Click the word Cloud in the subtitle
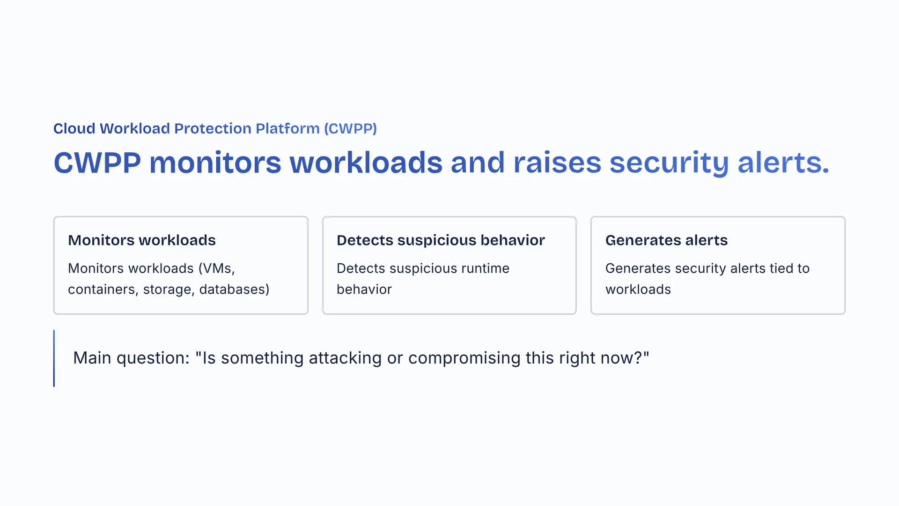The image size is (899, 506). (74, 128)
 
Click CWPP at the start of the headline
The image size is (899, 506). (97, 163)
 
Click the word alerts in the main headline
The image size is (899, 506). (783, 163)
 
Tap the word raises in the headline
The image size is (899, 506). (557, 163)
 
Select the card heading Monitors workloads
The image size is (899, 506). (142, 240)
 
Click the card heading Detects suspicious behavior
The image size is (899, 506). (441, 240)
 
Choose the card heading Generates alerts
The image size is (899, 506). (666, 240)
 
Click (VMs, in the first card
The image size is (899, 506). (216, 268)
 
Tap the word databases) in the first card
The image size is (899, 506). (234, 290)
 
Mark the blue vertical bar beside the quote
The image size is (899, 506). (54, 358)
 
